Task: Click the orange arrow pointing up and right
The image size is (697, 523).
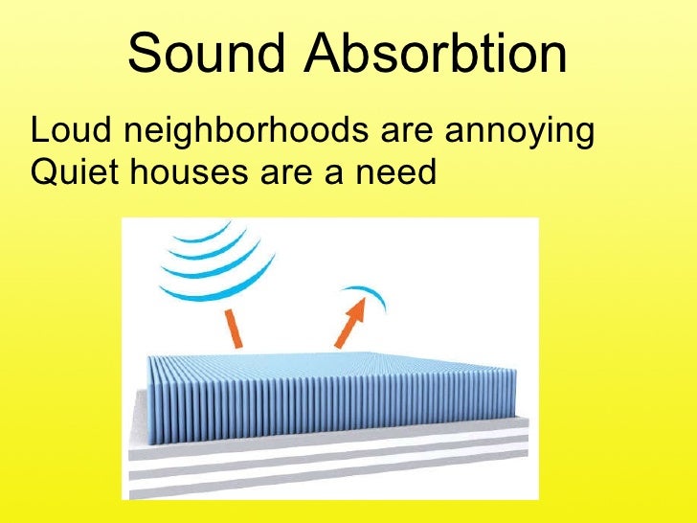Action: (x=350, y=322)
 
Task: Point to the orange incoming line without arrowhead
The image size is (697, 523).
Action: (x=234, y=330)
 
